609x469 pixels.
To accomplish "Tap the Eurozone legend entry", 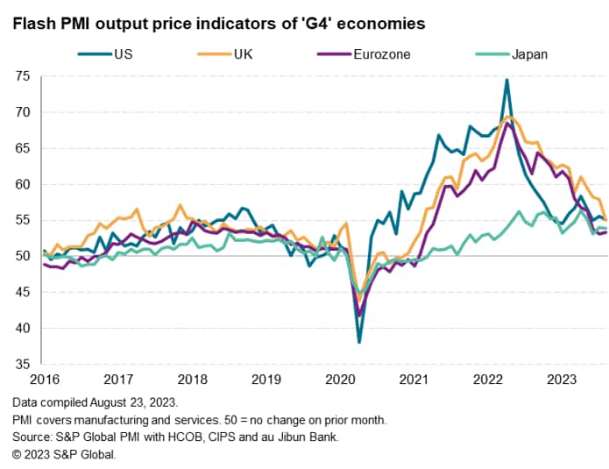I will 385,53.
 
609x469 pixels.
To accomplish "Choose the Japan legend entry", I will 529,53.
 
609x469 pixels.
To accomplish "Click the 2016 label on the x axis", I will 43,380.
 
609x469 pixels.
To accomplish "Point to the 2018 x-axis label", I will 192,380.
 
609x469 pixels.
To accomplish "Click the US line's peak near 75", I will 506,80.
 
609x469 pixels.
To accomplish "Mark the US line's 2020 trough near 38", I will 359,342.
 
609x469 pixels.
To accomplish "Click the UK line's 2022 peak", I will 510,117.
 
